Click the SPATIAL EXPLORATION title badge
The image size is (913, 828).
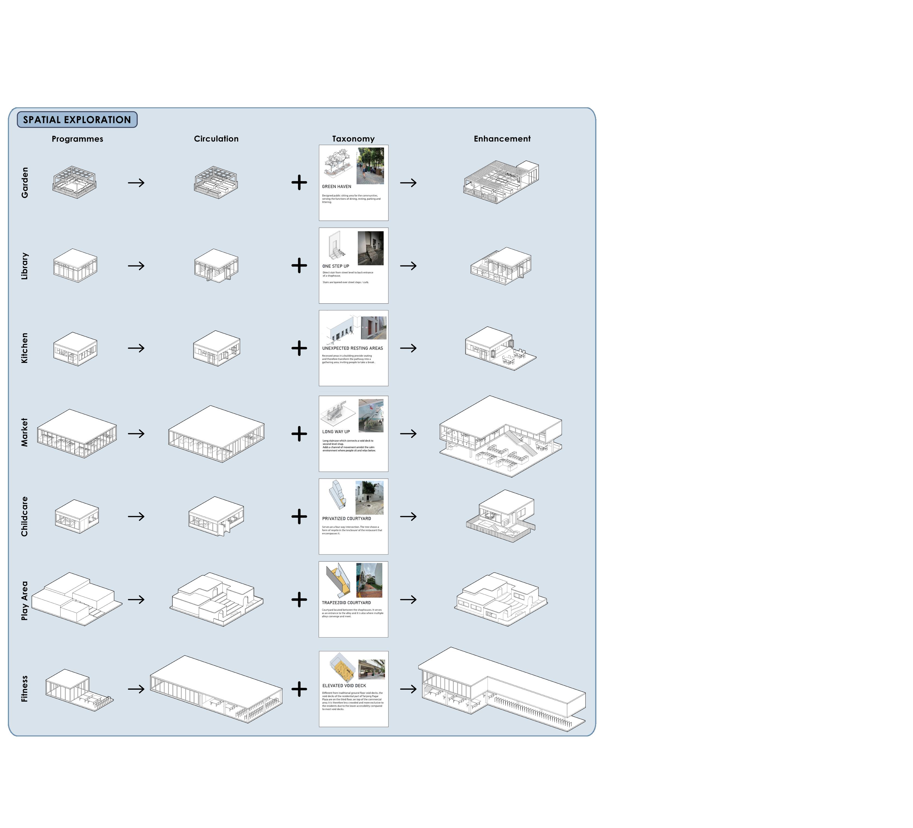pos(77,120)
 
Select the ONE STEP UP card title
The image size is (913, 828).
pos(336,266)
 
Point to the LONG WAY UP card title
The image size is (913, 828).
pos(336,432)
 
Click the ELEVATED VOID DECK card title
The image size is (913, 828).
pos(344,686)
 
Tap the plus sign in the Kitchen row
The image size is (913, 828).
pos(299,348)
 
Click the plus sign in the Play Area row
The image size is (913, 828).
pos(299,599)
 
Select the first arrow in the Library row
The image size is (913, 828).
pos(136,266)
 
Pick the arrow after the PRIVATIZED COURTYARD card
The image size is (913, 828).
pos(408,516)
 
